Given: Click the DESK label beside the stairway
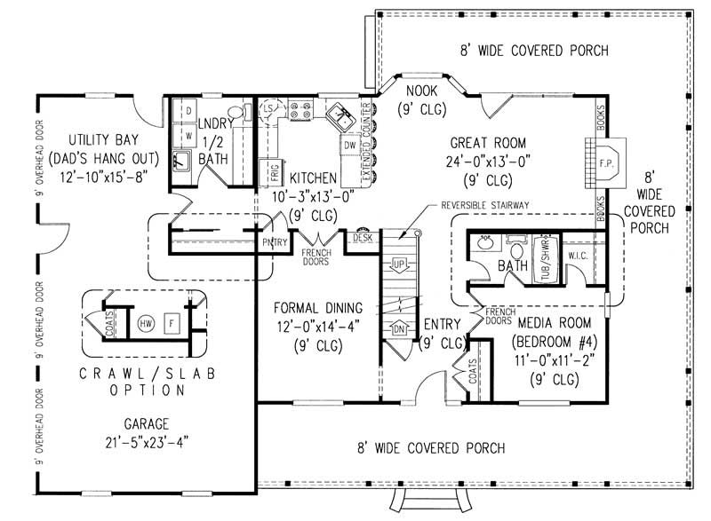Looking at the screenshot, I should pyautogui.click(x=362, y=239).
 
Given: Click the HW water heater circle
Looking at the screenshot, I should pyautogui.click(x=146, y=324).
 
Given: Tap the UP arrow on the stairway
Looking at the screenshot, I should pyautogui.click(x=399, y=264).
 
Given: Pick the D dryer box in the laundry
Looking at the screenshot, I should pyautogui.click(x=188, y=109).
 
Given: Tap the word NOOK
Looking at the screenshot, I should pyautogui.click(x=421, y=91).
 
